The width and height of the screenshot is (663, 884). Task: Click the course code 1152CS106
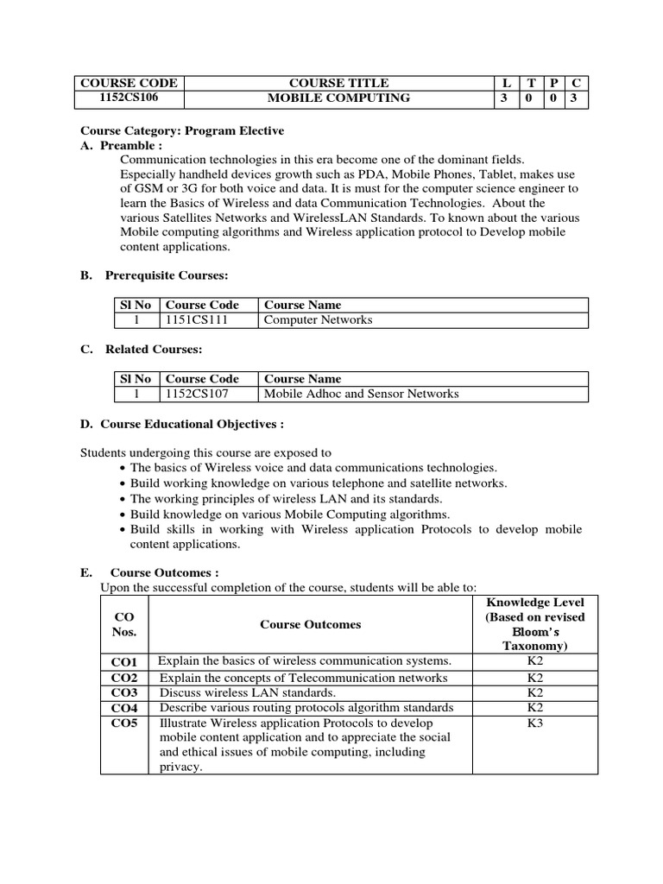(128, 98)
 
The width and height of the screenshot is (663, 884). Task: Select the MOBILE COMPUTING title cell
(338, 98)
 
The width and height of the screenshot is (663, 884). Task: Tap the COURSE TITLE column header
(338, 83)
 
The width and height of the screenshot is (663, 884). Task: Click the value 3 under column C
(576, 98)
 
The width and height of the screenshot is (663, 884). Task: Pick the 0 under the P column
(553, 98)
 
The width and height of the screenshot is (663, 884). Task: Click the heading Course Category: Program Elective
(182, 130)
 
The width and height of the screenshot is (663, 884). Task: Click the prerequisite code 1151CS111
(196, 320)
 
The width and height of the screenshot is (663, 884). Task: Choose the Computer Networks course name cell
(318, 320)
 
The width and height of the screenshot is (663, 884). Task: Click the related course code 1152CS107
(196, 395)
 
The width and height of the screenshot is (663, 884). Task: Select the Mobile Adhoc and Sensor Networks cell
(361, 395)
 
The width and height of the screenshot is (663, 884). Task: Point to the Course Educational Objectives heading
(182, 425)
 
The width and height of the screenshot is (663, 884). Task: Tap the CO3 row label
(124, 692)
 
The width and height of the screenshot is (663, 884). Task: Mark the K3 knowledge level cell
(535, 723)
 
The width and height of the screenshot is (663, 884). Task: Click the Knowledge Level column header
(535, 623)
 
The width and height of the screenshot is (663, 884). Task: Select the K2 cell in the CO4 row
(535, 708)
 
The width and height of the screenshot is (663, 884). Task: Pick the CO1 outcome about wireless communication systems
(305, 661)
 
